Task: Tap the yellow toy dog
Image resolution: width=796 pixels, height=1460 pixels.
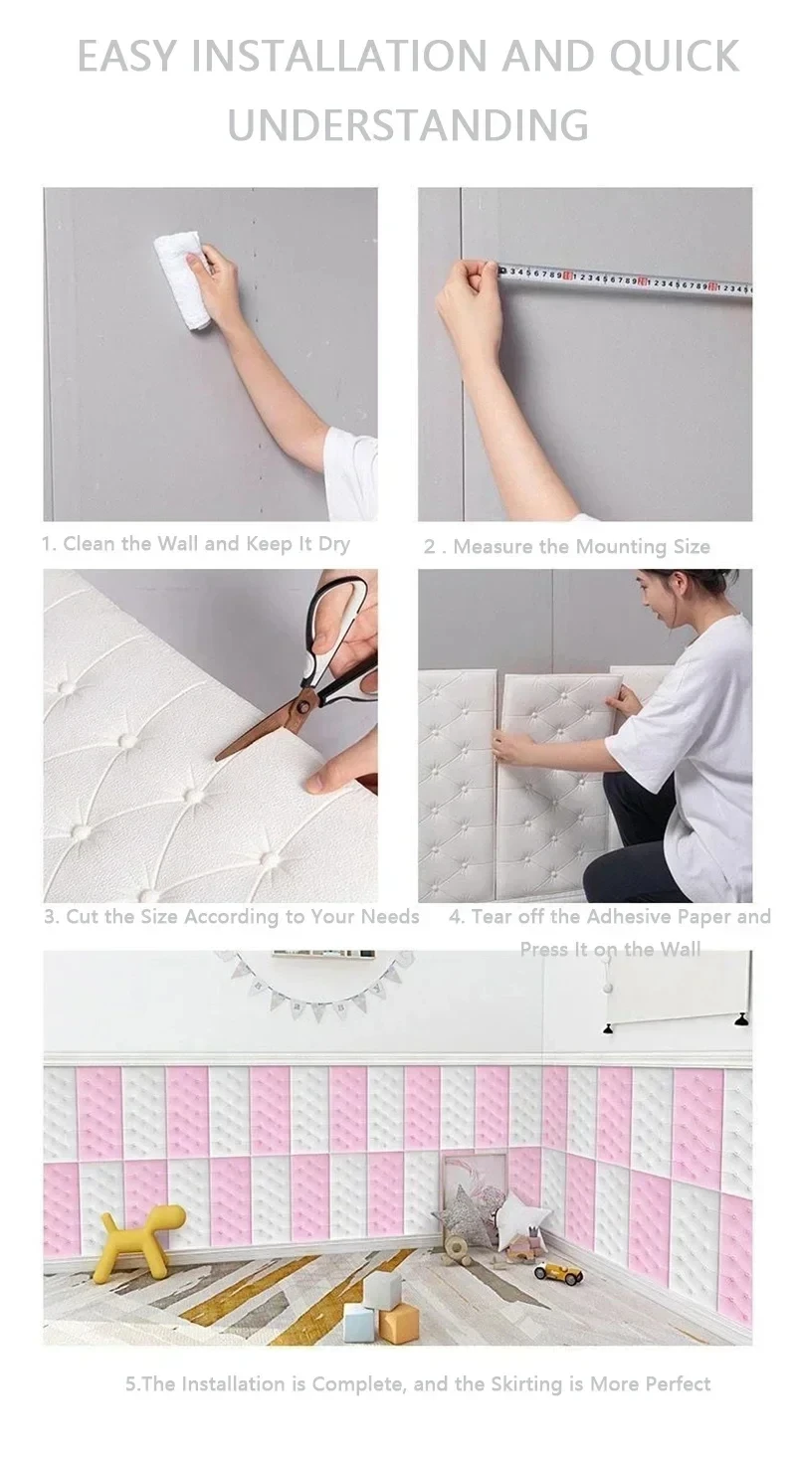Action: pyautogui.click(x=139, y=1239)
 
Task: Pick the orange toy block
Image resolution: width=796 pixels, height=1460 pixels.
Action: pyautogui.click(x=399, y=1323)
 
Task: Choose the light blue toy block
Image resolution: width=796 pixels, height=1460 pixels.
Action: pyautogui.click(x=359, y=1324)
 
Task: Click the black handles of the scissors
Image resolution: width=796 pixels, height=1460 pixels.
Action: pyautogui.click(x=338, y=636)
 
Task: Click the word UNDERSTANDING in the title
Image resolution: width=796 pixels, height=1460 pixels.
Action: pyautogui.click(x=408, y=125)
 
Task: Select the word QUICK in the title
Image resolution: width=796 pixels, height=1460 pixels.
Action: pyautogui.click(x=674, y=57)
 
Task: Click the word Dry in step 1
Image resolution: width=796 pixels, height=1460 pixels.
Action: pyautogui.click(x=328, y=544)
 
